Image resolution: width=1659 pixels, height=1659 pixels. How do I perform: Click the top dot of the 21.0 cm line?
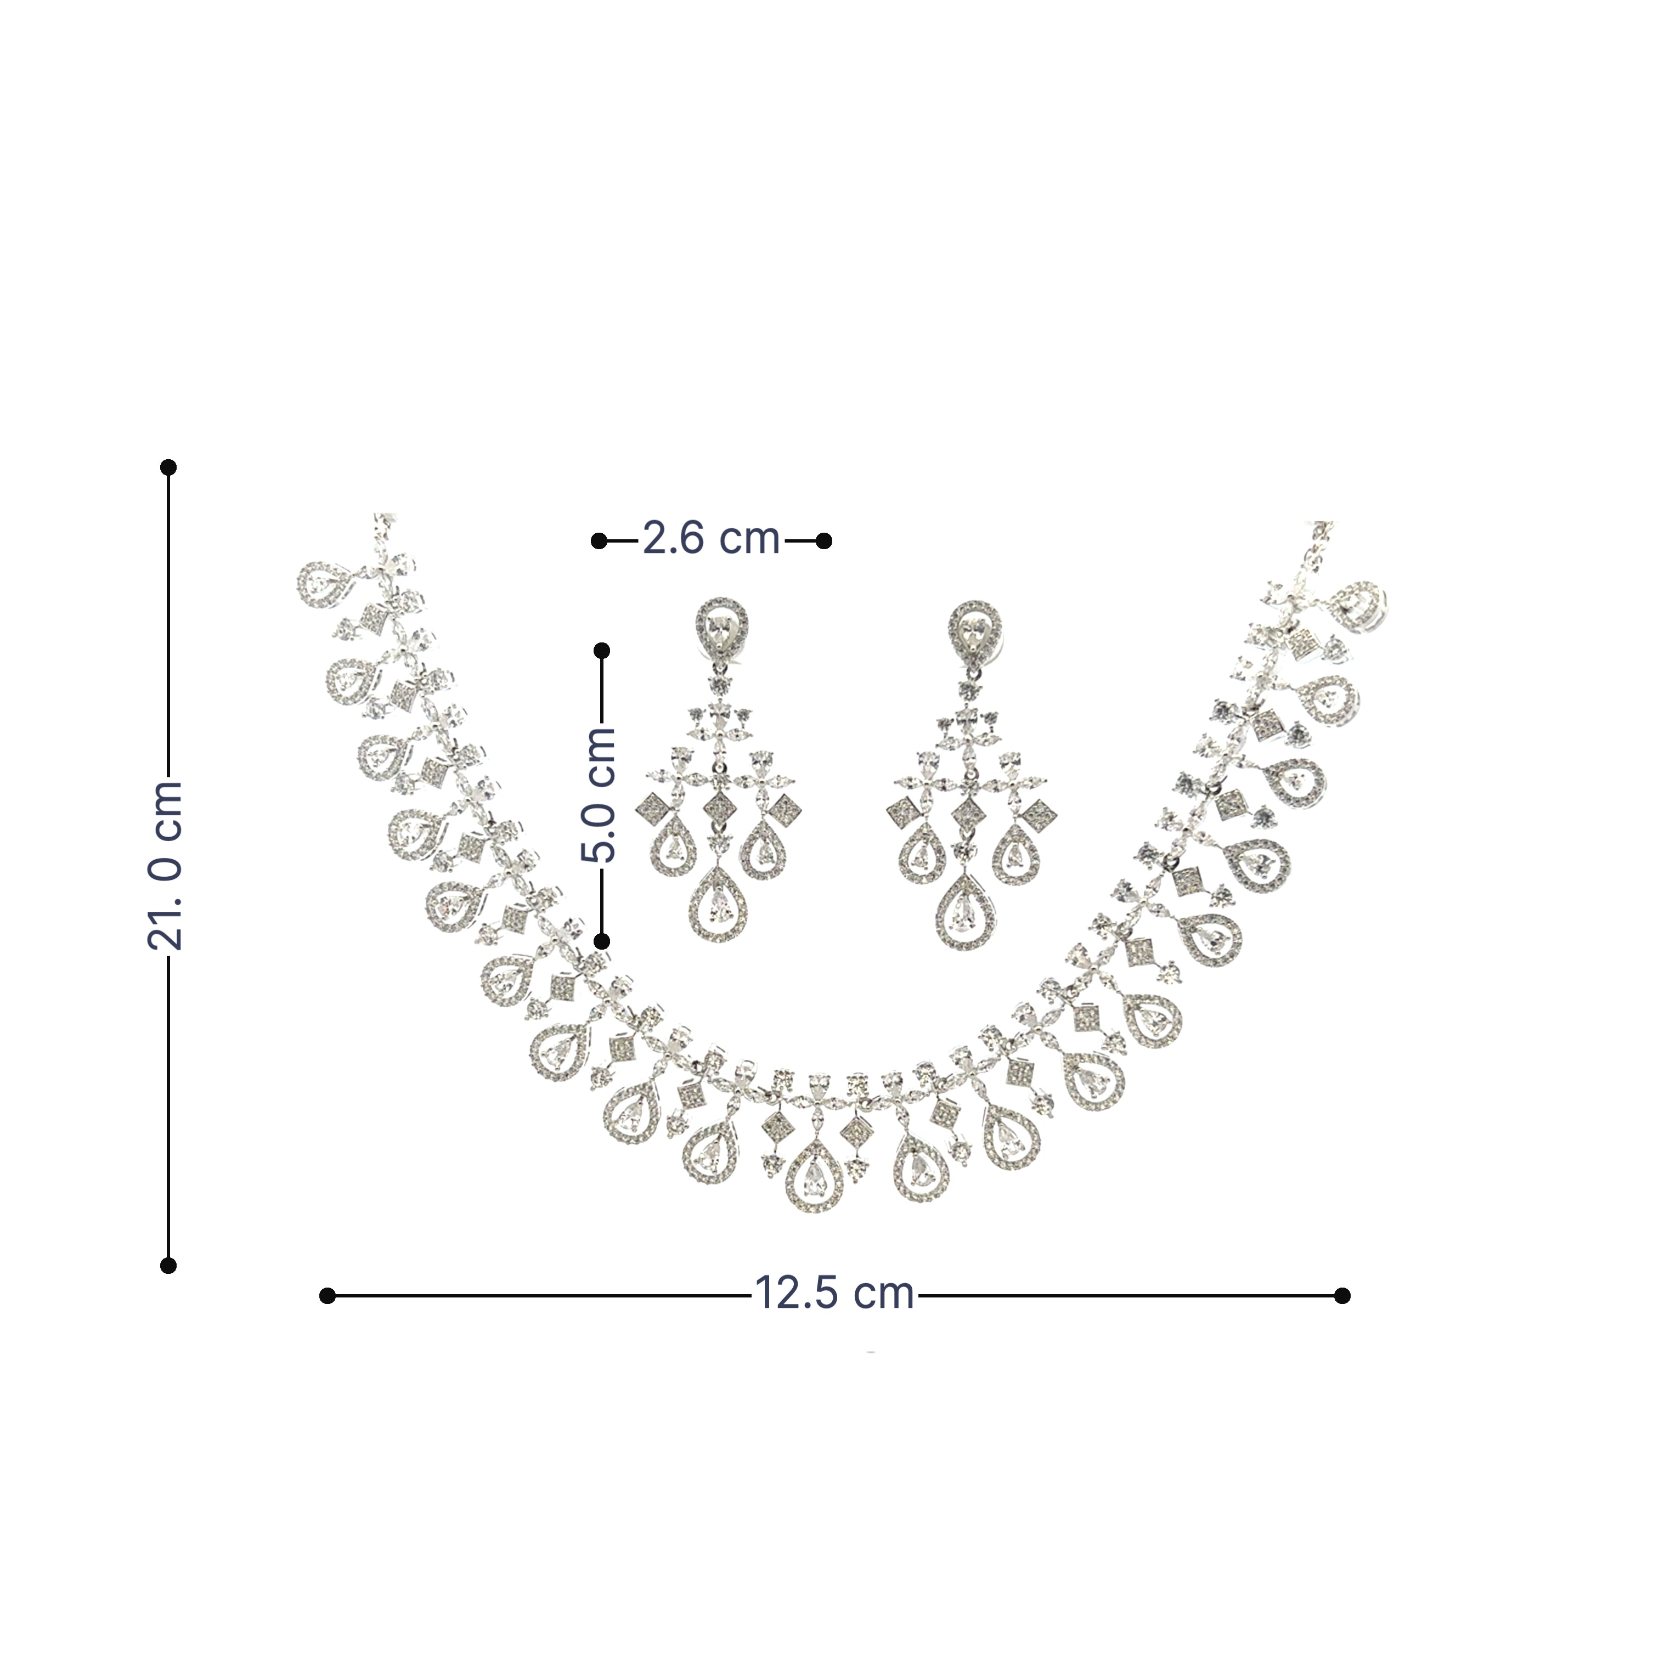tap(168, 467)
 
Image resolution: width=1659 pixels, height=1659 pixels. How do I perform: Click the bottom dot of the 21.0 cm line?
tap(168, 1265)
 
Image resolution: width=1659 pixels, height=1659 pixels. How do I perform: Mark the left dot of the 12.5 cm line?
tap(326, 1319)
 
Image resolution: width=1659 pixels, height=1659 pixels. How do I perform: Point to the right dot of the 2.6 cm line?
tap(823, 540)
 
